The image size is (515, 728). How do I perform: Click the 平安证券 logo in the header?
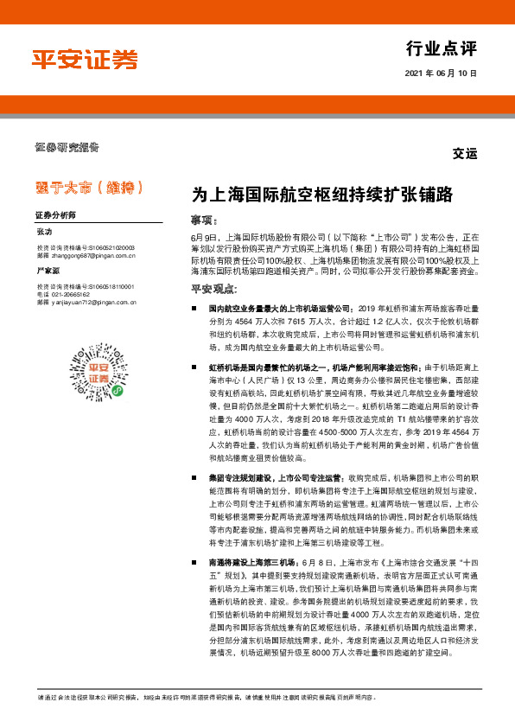[x=85, y=58]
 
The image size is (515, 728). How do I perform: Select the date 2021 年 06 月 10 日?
[x=441, y=74]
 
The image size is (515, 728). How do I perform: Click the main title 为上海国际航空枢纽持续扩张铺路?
[x=322, y=195]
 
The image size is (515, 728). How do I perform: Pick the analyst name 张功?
[x=44, y=233]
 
